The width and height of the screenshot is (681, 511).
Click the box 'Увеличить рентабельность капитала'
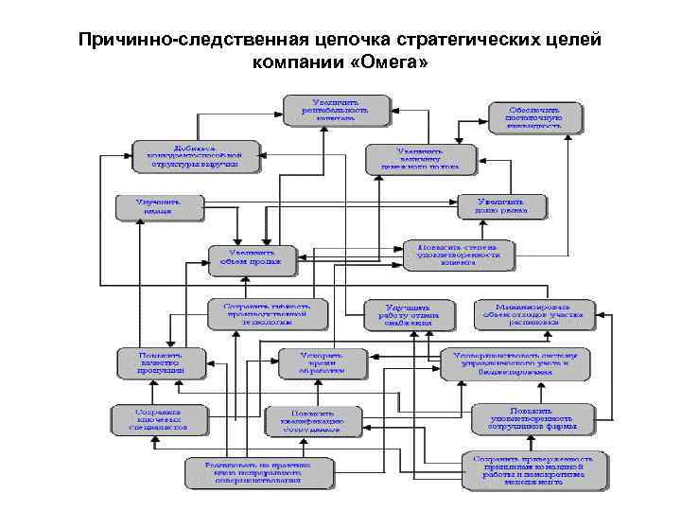[x=338, y=109]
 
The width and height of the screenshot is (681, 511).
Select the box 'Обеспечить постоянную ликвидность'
[x=534, y=116]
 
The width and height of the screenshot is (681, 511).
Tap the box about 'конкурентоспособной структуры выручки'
[x=196, y=155]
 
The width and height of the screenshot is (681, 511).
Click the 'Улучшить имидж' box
[x=159, y=208]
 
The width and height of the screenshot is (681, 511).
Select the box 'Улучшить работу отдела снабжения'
[x=402, y=315]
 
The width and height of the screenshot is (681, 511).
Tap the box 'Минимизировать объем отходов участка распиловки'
[x=535, y=314]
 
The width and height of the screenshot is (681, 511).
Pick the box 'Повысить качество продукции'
[x=160, y=363]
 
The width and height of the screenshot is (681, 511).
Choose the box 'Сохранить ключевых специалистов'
[x=157, y=417]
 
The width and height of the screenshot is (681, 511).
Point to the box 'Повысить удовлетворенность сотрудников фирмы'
[x=533, y=417]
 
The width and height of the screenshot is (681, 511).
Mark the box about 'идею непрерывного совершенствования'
[x=259, y=473]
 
